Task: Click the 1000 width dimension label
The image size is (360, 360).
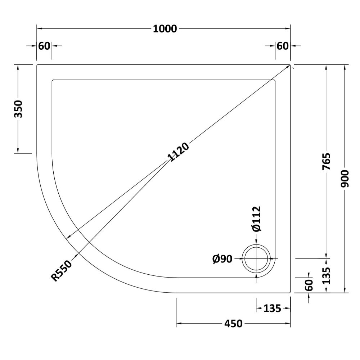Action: [165, 29]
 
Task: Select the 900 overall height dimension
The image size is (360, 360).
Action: [345, 179]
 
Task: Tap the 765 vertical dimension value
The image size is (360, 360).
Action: [326, 161]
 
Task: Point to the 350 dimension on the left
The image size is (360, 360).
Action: [18, 109]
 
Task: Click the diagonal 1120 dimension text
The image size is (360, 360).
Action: [179, 152]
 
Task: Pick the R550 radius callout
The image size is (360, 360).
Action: [61, 271]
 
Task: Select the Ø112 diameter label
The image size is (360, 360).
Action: [256, 219]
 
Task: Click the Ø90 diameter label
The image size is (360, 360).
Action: [222, 259]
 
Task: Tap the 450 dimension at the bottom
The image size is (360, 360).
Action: [233, 324]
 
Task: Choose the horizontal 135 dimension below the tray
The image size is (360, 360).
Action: [272, 309]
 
